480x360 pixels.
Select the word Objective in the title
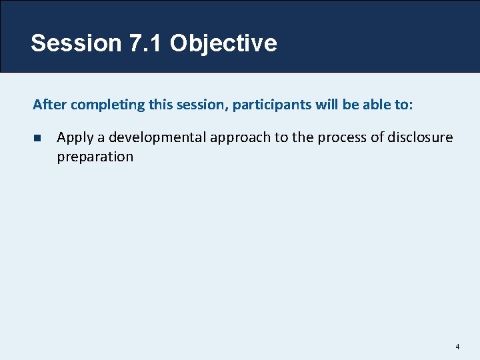pos(223,43)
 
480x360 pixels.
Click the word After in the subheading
pos(49,105)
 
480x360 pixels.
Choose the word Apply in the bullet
pos(75,138)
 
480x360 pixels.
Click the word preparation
pos(95,157)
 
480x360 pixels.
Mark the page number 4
pos(457,347)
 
